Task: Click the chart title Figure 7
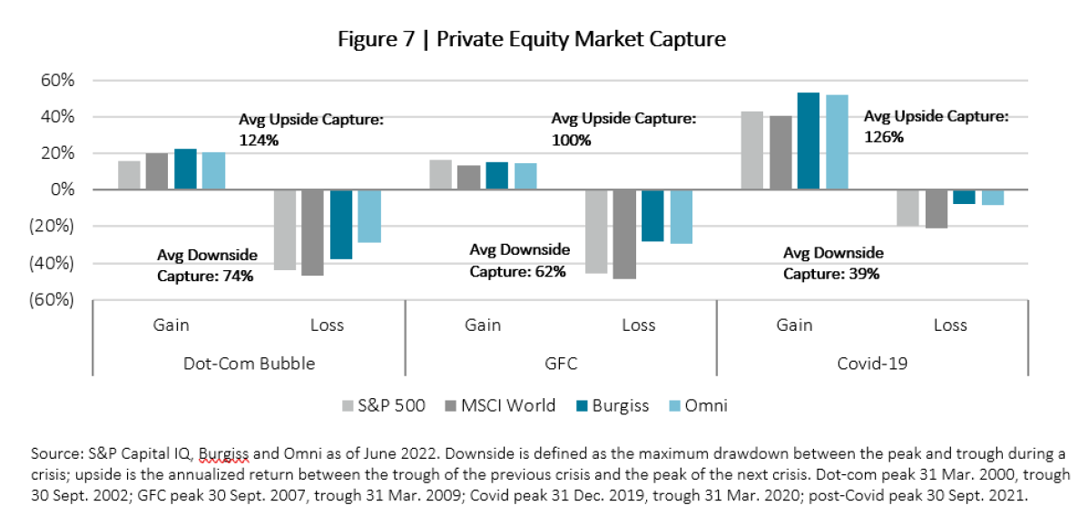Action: click(x=532, y=40)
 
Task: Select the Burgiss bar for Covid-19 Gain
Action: click(x=808, y=141)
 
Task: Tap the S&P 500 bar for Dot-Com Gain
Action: click(x=129, y=175)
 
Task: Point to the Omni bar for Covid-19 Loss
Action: click(x=992, y=198)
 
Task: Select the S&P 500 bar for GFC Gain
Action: click(x=439, y=175)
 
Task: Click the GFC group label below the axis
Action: click(x=560, y=364)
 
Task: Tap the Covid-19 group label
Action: click(x=872, y=364)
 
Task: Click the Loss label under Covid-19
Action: click(x=950, y=325)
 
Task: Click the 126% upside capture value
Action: click(x=883, y=138)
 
